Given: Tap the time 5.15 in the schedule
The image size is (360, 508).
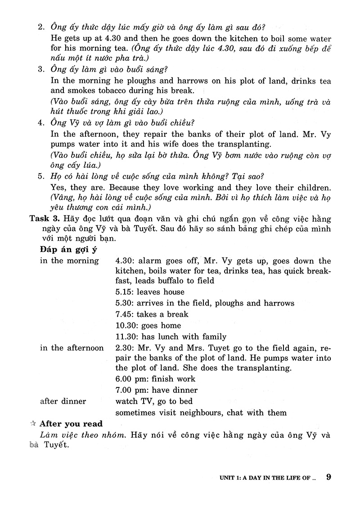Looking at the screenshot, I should (x=124, y=292).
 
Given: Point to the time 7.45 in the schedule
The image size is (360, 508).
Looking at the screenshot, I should (x=124, y=314).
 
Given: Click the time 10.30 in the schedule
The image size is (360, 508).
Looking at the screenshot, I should (x=126, y=325).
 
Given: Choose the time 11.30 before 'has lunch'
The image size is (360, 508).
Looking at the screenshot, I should (x=126, y=337).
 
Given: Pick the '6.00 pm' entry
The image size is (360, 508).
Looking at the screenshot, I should (x=130, y=379).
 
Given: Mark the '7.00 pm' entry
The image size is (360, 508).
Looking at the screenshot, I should (x=130, y=390).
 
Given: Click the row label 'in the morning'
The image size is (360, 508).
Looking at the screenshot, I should (x=69, y=261).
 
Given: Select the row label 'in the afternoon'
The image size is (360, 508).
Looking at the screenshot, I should (x=72, y=348).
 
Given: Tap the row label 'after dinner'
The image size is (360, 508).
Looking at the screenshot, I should (x=63, y=401).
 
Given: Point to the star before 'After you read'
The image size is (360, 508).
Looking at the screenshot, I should (x=33, y=423).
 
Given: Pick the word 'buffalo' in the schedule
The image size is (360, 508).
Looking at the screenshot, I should (x=162, y=280).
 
